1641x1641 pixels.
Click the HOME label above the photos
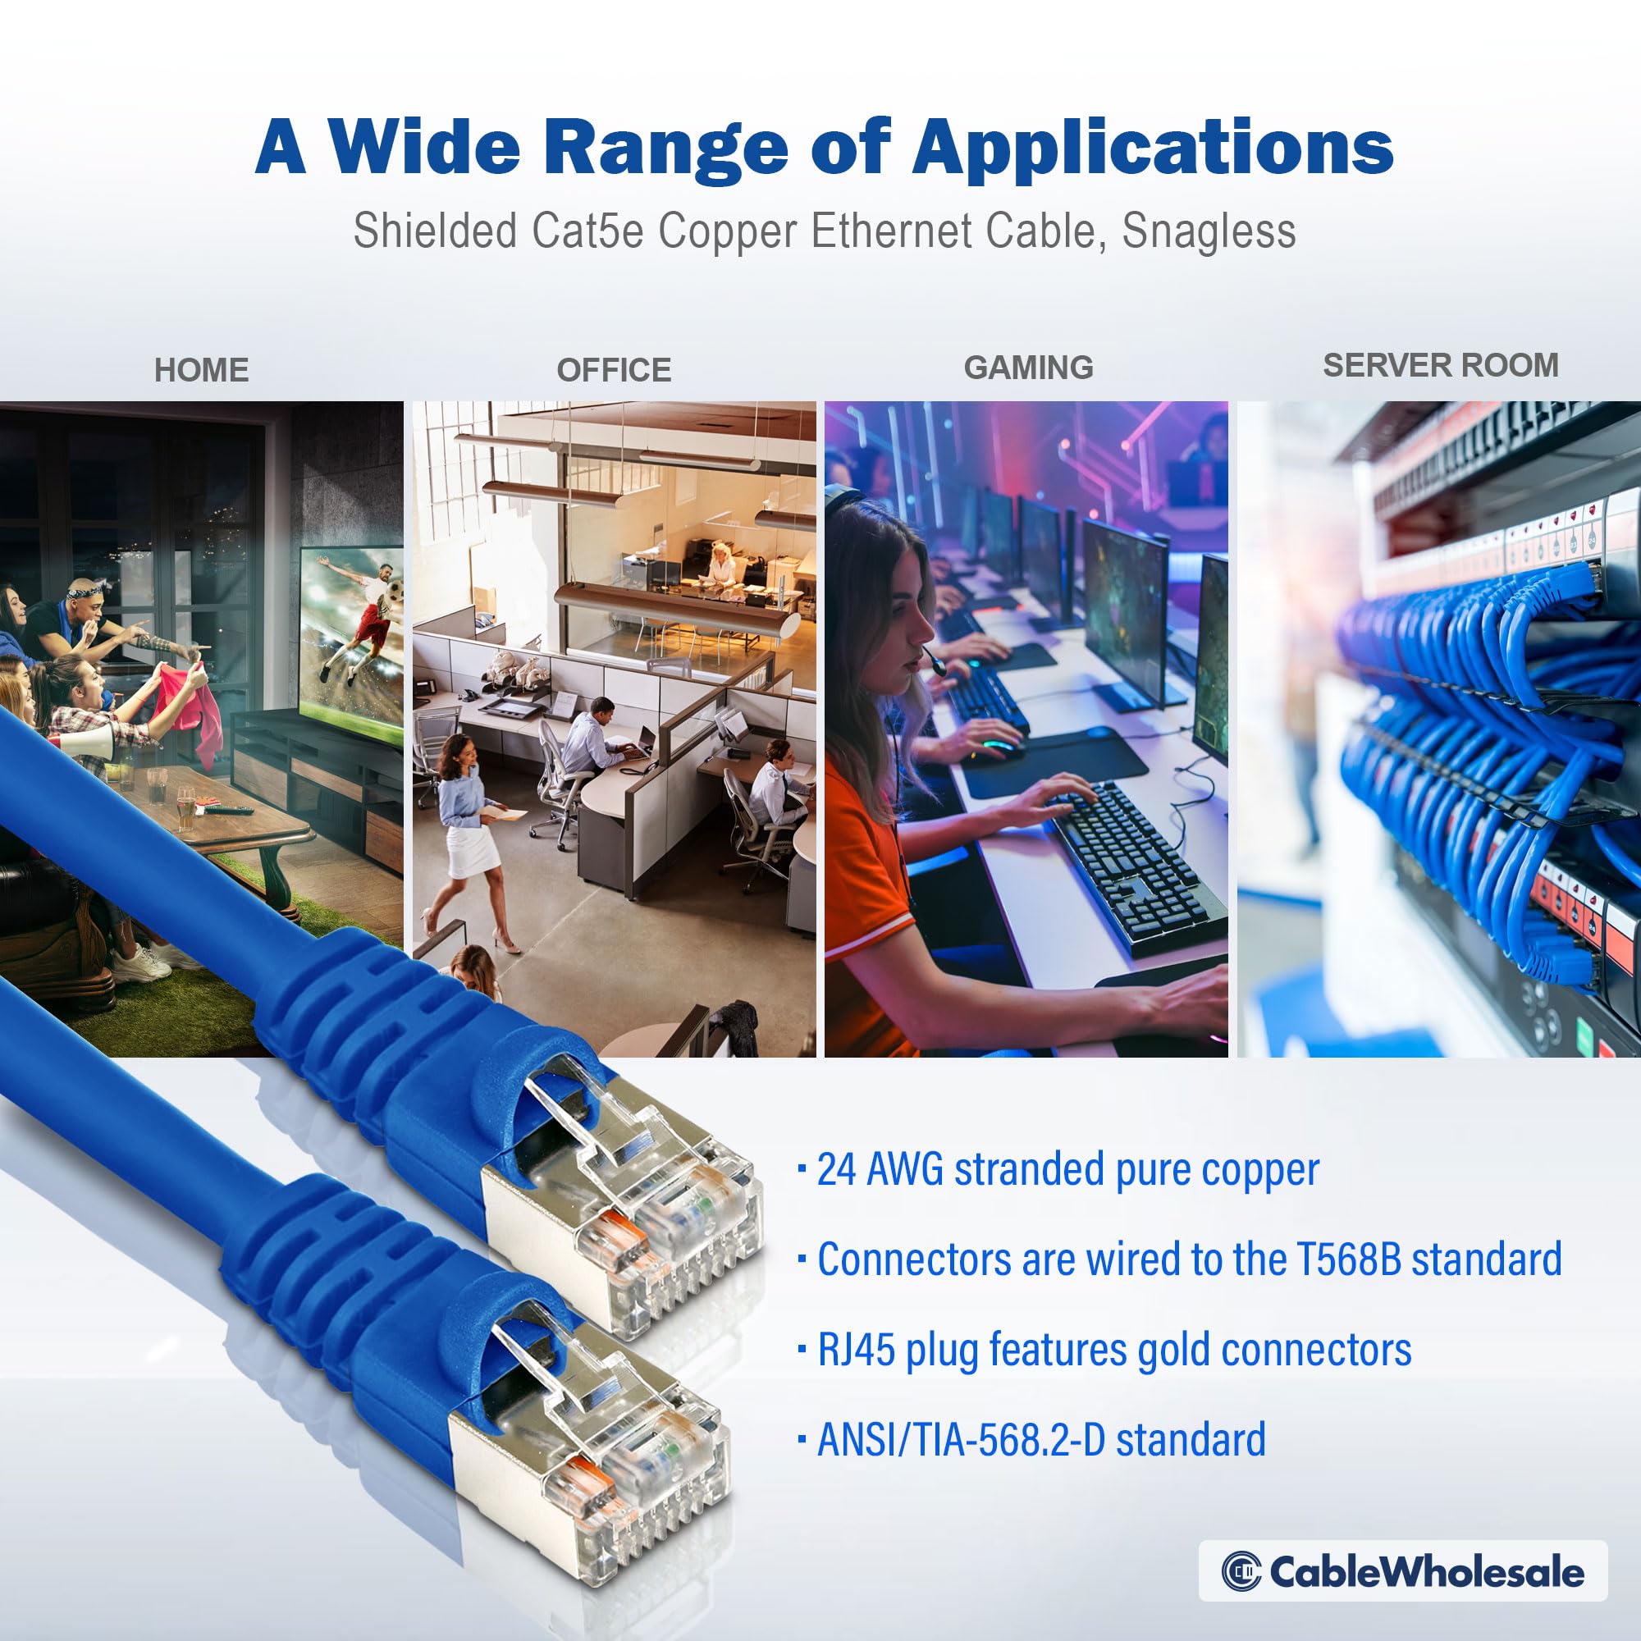[x=201, y=370]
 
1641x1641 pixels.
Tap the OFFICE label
[x=613, y=370]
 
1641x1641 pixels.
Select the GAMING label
[x=1028, y=368]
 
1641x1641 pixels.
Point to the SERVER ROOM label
[x=1441, y=365]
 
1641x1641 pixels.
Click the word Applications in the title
[x=1152, y=147]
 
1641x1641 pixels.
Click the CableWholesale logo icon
[x=1241, y=1571]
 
